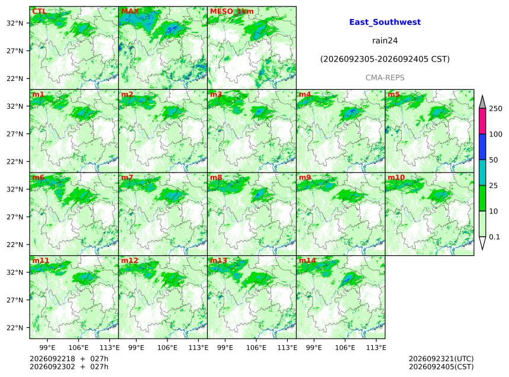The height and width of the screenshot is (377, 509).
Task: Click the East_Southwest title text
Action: click(385, 22)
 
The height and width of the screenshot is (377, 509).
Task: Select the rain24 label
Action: click(385, 41)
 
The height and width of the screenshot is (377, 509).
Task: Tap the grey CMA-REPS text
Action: click(385, 78)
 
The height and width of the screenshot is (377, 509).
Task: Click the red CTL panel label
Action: click(39, 11)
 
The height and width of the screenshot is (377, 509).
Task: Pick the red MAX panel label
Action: click(130, 11)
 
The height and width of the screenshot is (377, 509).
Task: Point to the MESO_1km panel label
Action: click(232, 11)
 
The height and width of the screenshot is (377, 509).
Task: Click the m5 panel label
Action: click(394, 95)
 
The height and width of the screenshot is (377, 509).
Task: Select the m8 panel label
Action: click(216, 177)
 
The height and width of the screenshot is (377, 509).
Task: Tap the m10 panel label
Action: click(397, 177)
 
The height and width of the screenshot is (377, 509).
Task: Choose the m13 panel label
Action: click(218, 261)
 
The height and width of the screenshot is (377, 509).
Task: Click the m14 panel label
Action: click(307, 261)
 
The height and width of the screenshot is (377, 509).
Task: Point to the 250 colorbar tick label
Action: click(496, 109)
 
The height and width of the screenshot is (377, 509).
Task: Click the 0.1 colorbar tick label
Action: click(494, 237)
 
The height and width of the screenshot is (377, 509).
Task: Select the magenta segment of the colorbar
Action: click(482, 121)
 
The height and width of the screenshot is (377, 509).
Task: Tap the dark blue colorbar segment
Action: click(482, 147)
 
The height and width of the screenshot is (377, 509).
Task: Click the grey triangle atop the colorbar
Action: click(482, 103)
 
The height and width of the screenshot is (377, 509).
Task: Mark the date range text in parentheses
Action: click(385, 59)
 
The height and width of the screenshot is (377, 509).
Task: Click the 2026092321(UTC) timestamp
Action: click(441, 359)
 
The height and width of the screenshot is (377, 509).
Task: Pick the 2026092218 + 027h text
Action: click(69, 359)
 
